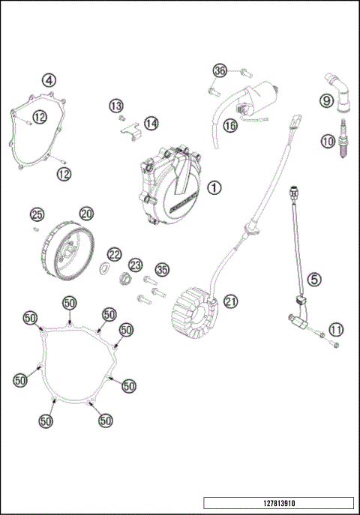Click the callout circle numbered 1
click(214, 187)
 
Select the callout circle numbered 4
click(47, 80)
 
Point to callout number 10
click(327, 140)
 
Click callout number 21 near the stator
click(231, 301)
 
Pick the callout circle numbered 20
click(86, 214)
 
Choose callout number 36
click(220, 70)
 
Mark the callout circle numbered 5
click(314, 279)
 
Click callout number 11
click(336, 329)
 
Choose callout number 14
click(151, 123)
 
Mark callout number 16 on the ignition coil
click(229, 126)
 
